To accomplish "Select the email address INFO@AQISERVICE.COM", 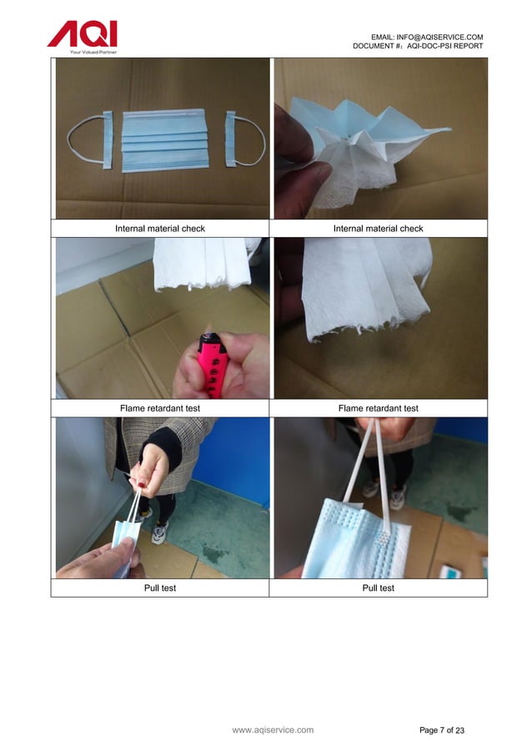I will (x=439, y=37).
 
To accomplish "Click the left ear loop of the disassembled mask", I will (x=86, y=142).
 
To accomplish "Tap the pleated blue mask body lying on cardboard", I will (x=163, y=140).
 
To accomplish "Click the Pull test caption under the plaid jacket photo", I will (x=159, y=588).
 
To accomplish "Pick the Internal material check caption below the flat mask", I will (x=159, y=228).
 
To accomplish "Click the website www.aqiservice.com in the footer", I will (x=273, y=730).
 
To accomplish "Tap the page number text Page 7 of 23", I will (x=442, y=731).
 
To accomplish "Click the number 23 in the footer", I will (x=459, y=731).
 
